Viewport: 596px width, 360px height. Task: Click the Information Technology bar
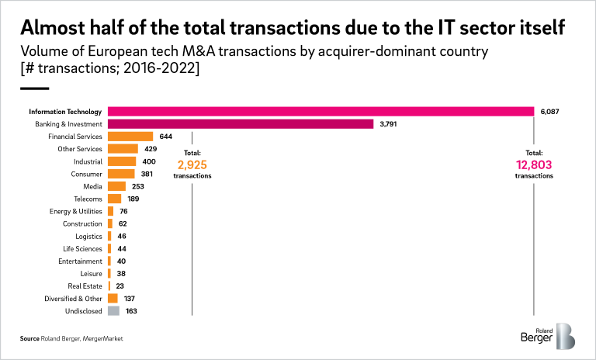click(321, 111)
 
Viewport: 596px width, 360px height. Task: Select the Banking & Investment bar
click(241, 123)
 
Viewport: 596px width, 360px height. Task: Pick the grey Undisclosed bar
click(113, 310)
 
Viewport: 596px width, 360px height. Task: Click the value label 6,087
click(549, 111)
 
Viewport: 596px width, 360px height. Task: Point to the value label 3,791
click(389, 123)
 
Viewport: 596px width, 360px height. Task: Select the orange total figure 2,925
click(192, 164)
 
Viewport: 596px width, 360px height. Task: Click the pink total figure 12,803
click(534, 164)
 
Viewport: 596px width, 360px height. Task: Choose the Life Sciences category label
click(82, 248)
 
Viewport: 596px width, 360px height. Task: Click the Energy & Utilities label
click(76, 211)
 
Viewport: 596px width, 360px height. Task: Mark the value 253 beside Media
click(137, 186)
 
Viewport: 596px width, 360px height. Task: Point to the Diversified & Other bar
click(113, 298)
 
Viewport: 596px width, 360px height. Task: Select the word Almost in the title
click(50, 29)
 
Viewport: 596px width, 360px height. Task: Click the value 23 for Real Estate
click(120, 286)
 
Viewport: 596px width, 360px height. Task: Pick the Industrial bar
click(122, 161)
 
